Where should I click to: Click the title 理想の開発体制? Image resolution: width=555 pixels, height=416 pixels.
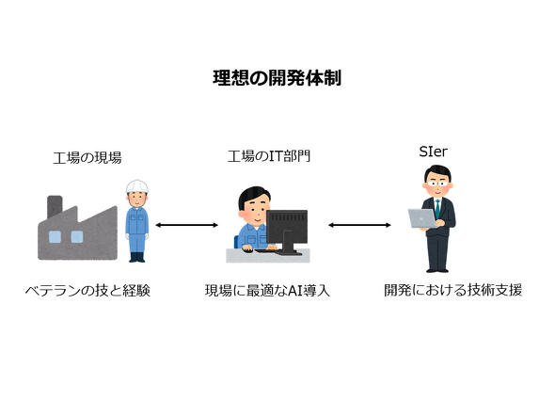tap(277, 78)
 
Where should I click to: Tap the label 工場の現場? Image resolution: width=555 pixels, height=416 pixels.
tap(87, 157)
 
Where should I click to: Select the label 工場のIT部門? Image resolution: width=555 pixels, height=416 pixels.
tap(269, 156)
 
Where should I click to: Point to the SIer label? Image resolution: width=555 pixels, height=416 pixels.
tap(434, 152)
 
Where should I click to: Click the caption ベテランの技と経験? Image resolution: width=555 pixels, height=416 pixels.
tap(87, 291)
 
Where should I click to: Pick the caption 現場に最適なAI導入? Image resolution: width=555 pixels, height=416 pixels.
tap(267, 291)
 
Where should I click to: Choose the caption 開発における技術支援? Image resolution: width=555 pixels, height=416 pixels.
tap(453, 290)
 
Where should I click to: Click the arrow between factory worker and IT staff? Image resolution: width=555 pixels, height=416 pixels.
tap(187, 225)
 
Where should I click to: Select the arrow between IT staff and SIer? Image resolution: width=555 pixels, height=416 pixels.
tap(359, 225)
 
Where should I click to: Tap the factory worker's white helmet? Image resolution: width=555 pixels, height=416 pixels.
tap(137, 186)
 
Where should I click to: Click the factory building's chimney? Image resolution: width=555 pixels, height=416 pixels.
tap(55, 206)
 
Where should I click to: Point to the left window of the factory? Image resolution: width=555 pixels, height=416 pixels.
tap(55, 236)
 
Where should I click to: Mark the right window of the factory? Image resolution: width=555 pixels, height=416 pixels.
tap(77, 236)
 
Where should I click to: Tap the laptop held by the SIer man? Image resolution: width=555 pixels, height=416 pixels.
tap(422, 218)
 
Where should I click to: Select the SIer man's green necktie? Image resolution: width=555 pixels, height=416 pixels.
tap(437, 209)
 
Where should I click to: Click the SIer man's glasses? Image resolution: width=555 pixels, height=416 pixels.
tap(437, 184)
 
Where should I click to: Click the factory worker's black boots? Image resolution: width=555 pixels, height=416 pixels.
tap(137, 257)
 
